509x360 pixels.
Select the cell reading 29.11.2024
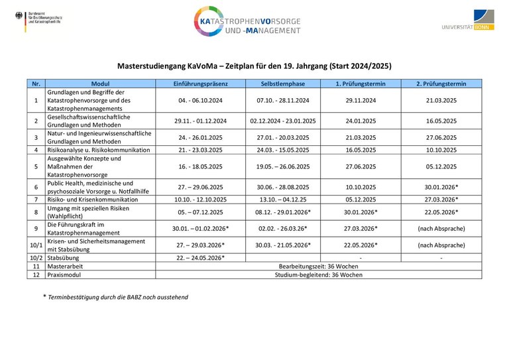click(361, 100)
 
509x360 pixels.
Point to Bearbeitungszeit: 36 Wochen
click(319, 265)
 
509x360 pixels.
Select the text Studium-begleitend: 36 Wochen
click(319, 274)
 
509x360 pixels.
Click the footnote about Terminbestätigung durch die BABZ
click(115, 297)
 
